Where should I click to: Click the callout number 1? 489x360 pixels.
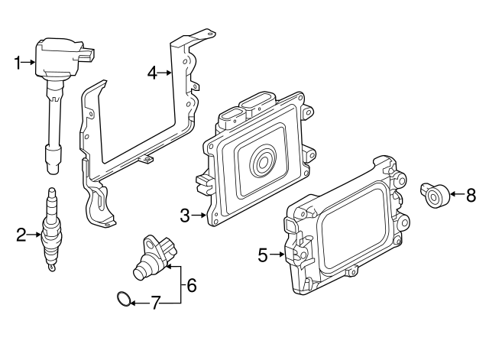[19, 63]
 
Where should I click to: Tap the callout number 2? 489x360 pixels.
[21, 235]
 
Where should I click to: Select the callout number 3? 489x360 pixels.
[185, 216]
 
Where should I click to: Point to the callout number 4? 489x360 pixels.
[152, 73]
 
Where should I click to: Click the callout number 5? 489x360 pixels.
[263, 255]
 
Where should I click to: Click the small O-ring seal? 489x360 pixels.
[121, 298]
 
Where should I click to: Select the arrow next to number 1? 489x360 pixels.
[31, 63]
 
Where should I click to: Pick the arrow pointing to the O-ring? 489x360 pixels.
[136, 303]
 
